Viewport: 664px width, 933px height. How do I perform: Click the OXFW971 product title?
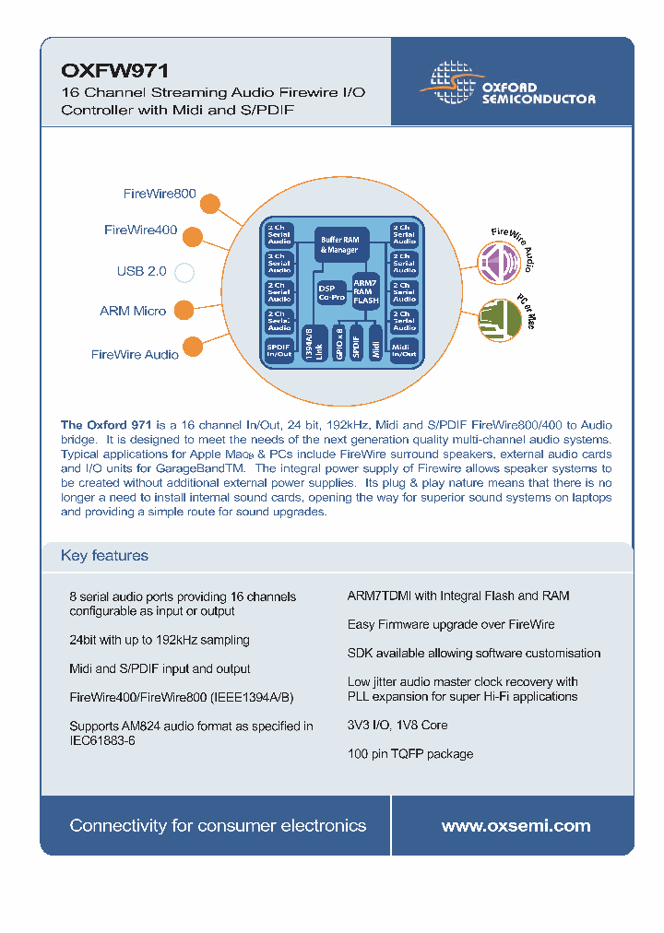tap(101, 70)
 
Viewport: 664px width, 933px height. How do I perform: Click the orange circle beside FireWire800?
tap(210, 203)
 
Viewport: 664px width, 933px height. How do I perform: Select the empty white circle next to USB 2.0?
tap(184, 272)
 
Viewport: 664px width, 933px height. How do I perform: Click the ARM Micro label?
tap(133, 311)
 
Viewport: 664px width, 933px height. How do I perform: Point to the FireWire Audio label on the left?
tap(135, 354)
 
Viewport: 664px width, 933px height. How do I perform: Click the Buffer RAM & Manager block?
tap(339, 244)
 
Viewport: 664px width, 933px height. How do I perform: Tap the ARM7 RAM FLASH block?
tap(366, 291)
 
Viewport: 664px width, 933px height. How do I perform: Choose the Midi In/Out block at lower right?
tap(404, 349)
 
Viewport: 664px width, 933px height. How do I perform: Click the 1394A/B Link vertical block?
tap(313, 342)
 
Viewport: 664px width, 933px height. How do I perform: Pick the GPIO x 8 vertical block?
tap(338, 342)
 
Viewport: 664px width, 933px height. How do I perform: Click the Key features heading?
tap(104, 555)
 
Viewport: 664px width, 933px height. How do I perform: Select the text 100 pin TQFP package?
tap(409, 753)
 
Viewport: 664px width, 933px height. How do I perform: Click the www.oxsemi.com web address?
tap(516, 826)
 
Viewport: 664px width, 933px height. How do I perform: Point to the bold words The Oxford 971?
tap(106, 425)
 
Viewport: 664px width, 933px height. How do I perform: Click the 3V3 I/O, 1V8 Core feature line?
tap(397, 725)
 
